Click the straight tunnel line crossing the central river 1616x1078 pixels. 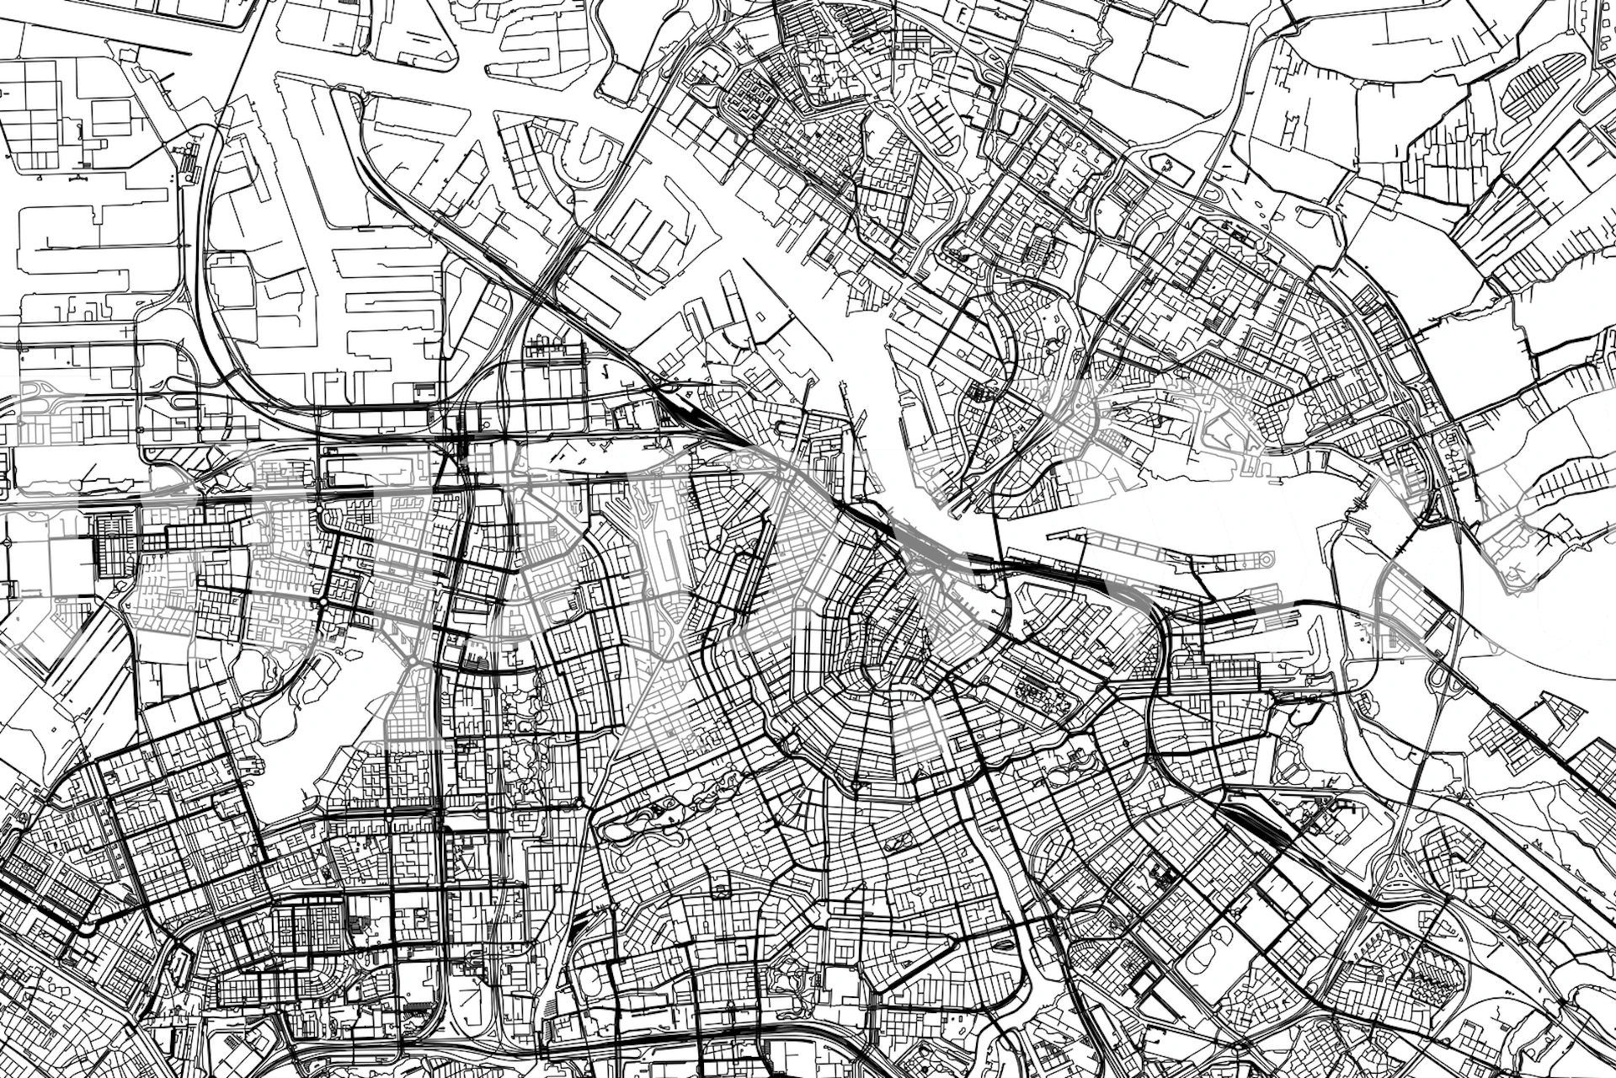click(x=996, y=522)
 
